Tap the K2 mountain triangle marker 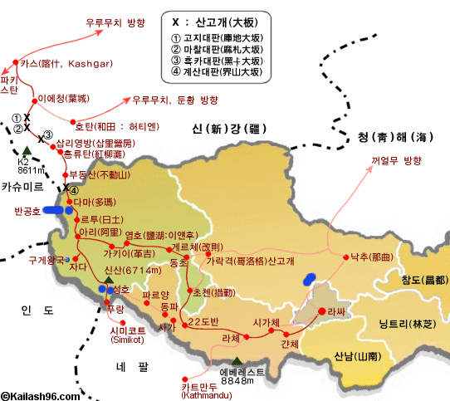pyautogui.click(x=27, y=151)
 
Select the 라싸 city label pyautogui.click(x=335, y=311)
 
